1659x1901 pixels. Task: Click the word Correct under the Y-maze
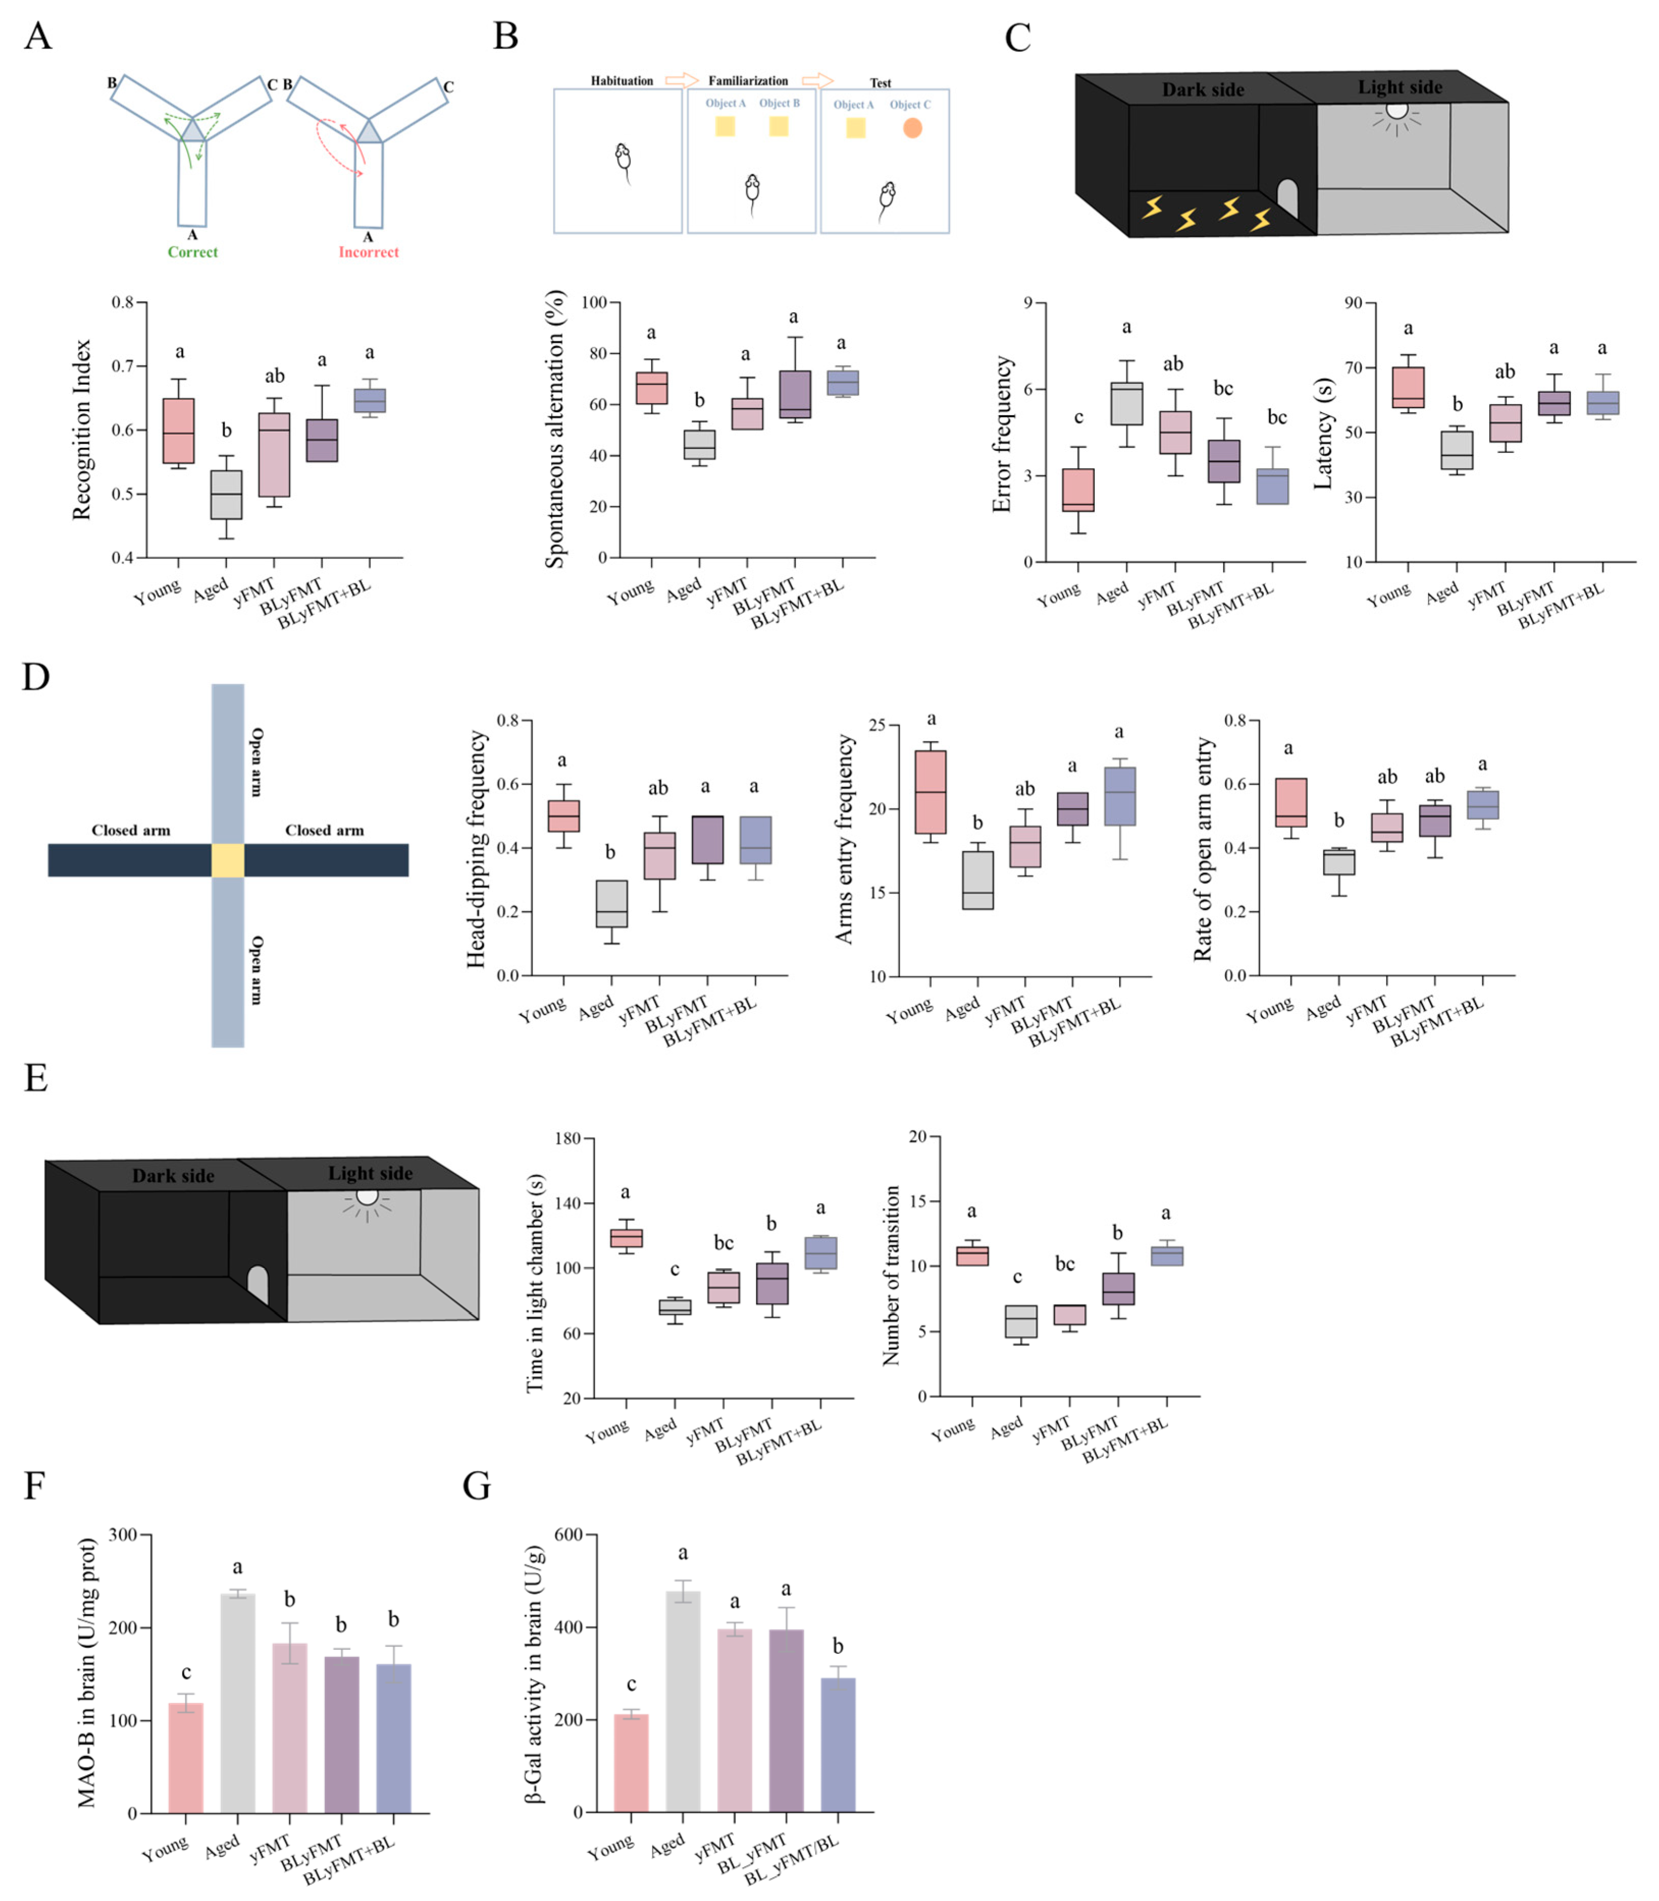193,252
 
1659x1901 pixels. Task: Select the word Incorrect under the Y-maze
368,252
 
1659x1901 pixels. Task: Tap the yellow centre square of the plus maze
228,860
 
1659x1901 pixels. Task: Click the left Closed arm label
130,830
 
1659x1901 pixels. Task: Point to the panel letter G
477,1485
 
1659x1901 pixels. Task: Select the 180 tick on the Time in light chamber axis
567,1138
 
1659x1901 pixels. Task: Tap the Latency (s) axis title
1323,433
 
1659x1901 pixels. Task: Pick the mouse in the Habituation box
624,159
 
